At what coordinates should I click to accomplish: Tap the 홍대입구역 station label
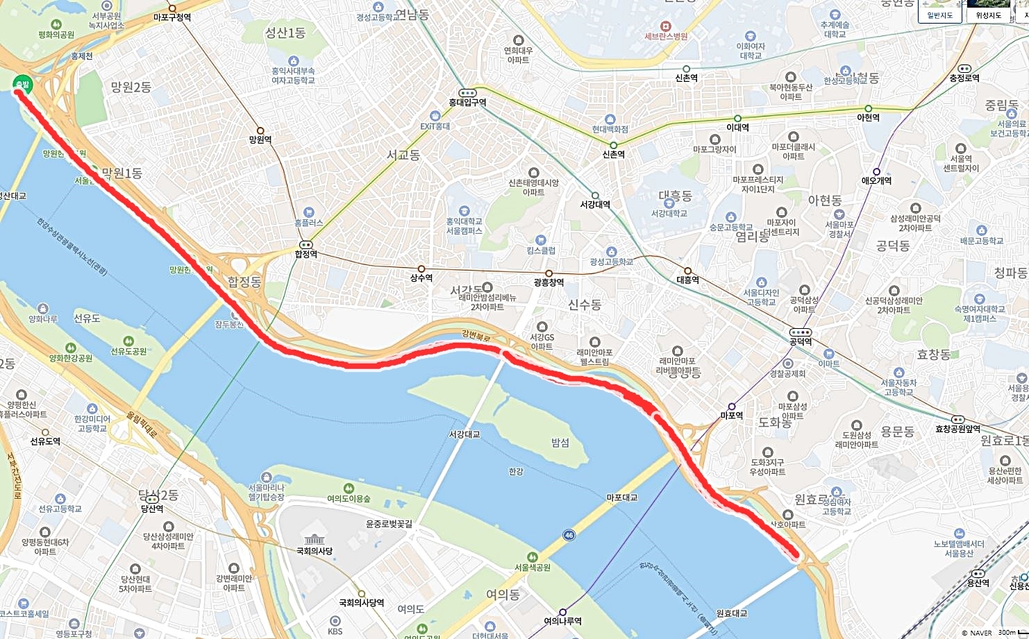pos(467,103)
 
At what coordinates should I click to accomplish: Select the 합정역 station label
pos(306,255)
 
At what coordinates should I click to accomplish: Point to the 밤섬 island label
pos(560,443)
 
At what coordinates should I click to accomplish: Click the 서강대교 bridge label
pos(465,434)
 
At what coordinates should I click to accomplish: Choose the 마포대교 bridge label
pos(621,497)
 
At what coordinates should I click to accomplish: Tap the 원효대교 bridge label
pos(732,613)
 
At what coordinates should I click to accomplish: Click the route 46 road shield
pos(569,535)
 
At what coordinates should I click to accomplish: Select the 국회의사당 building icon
pos(314,539)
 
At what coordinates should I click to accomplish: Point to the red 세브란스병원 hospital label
pos(666,36)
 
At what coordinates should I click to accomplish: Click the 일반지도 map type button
pos(940,15)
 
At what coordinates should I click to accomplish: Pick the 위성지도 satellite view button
pos(989,15)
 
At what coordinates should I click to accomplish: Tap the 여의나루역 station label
pos(563,621)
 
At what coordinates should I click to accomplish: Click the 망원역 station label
pos(260,139)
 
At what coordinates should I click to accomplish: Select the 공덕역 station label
pos(800,342)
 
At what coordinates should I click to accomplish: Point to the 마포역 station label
pos(732,416)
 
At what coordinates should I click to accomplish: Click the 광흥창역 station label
pos(549,282)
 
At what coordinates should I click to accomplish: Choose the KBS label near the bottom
pos(335,631)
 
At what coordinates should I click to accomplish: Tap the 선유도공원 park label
pos(129,351)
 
